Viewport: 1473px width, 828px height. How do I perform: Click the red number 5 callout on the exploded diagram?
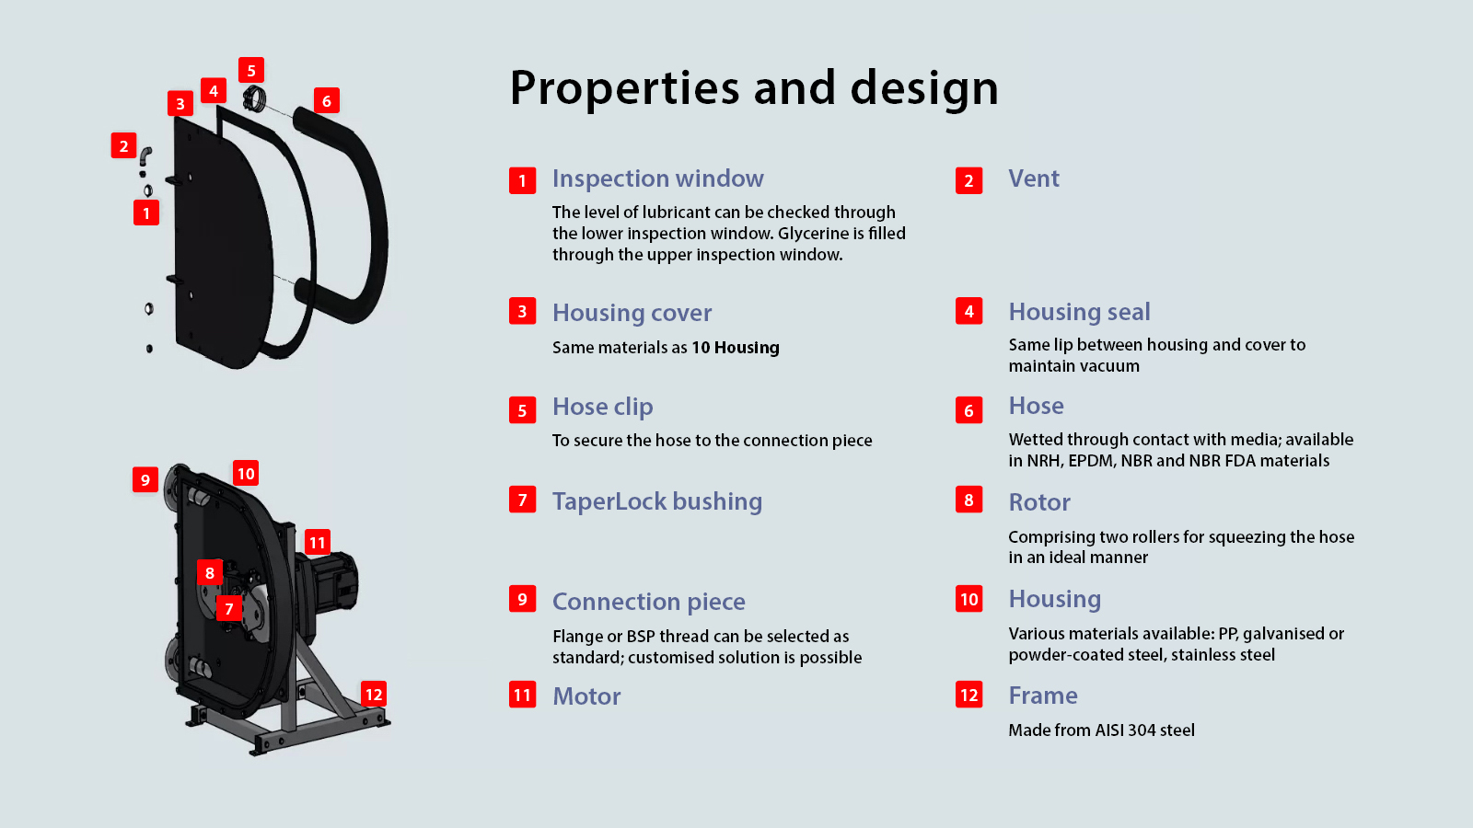[x=251, y=70]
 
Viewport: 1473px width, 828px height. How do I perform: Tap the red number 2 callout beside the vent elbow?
[x=123, y=145]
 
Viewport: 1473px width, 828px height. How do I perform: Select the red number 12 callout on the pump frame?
[x=374, y=694]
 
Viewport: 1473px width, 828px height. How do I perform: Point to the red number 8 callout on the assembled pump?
[x=210, y=572]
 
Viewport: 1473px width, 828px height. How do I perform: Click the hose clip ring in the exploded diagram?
[x=254, y=98]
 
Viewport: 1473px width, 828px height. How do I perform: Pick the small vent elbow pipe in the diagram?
[x=145, y=155]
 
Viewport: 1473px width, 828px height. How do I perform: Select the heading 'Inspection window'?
[x=657, y=178]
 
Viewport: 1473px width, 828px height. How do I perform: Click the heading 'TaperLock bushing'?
[x=657, y=501]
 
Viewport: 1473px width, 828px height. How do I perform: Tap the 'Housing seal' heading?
[x=1079, y=312]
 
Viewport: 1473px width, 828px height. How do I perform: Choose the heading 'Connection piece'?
[x=648, y=602]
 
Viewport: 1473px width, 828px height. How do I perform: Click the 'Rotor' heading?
[x=1039, y=502]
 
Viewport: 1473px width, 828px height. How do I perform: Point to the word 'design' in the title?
[x=924, y=88]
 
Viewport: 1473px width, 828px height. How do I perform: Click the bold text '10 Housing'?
[x=736, y=347]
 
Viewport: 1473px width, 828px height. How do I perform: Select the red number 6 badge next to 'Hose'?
[x=968, y=410]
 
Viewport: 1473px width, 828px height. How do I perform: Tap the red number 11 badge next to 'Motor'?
[x=522, y=695]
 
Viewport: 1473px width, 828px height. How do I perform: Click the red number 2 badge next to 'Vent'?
[x=968, y=180]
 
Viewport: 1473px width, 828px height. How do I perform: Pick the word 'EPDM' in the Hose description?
[x=1092, y=461]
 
